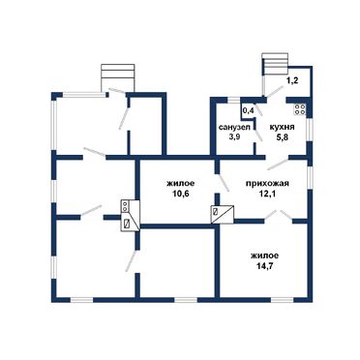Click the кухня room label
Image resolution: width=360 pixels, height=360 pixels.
point(282,127)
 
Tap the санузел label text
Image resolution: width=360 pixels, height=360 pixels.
point(234,127)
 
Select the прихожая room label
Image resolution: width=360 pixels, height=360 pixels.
point(267,184)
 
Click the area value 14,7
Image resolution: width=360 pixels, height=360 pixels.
point(264,266)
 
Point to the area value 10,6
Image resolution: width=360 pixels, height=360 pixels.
point(181,194)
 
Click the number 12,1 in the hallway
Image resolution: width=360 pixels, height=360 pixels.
point(267,195)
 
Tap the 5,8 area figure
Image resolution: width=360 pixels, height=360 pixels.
point(282,137)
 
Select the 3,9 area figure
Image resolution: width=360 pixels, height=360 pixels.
point(234,136)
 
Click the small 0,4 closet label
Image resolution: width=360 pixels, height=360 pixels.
point(248,110)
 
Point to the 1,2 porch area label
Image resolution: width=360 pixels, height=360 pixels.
point(292,80)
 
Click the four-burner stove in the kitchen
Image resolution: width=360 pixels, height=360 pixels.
point(300,109)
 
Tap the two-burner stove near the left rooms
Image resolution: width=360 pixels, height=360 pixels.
point(125,206)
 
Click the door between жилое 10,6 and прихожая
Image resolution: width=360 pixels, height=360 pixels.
point(224,183)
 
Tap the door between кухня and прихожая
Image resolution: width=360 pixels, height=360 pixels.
point(278,165)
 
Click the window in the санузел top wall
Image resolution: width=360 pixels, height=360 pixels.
point(234,100)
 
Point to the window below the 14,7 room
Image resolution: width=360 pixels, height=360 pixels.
point(282,300)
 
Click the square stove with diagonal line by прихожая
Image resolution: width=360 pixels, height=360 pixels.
point(223,215)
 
